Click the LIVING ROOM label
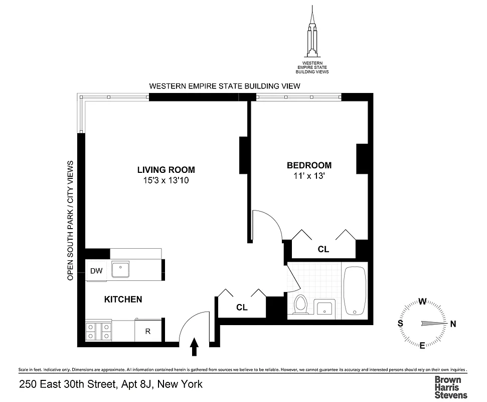pos(166,170)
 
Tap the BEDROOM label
pos(309,165)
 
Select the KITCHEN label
pos(123,299)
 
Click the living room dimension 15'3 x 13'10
pos(166,180)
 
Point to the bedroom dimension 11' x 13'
pos(309,176)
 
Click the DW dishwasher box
pos(96,271)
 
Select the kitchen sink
pos(121,270)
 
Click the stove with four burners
pos(99,331)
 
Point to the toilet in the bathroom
pos(301,305)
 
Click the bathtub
pos(356,291)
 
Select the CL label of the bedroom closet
pos(323,249)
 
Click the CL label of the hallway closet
pos(242,308)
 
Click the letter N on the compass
pos(453,324)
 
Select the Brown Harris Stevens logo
pos(450,387)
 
